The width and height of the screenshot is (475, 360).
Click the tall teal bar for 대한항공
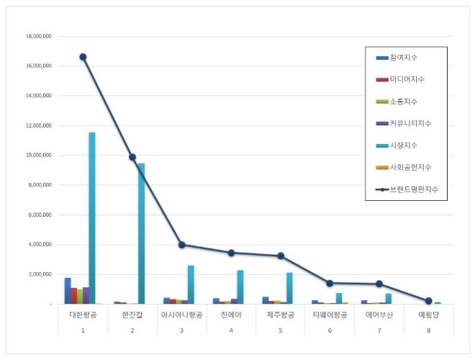92,216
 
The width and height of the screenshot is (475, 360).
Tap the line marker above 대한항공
83,57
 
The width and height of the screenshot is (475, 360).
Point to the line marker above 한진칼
132,157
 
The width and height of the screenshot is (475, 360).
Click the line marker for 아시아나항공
181,245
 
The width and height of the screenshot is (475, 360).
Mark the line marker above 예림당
428,301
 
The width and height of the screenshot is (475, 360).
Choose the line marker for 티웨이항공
330,283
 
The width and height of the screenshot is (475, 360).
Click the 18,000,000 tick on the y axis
38,36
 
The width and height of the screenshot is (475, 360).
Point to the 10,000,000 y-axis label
38,155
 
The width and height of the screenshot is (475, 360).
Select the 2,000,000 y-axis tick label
39,274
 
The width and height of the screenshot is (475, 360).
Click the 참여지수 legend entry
403,57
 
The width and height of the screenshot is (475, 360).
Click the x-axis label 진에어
231,315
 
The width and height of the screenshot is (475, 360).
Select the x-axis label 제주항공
280,315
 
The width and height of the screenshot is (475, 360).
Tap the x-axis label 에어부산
379,315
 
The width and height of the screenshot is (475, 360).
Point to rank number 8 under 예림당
428,330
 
